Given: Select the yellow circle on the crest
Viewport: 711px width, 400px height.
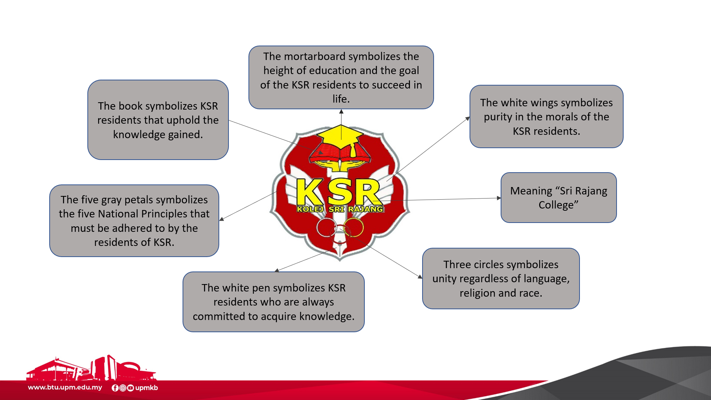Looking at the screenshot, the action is pos(354,227).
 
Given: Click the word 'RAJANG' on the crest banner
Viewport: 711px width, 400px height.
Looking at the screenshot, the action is pos(365,209).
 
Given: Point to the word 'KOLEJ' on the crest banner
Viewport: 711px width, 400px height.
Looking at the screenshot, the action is pos(310,209).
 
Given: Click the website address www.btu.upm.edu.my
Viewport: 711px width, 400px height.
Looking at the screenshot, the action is pos(65,387).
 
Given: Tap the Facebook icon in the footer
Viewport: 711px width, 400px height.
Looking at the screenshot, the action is pos(115,388).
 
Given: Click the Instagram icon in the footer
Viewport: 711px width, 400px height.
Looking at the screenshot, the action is pos(123,388).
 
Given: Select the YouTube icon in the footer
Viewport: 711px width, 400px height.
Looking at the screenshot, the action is pos(130,388).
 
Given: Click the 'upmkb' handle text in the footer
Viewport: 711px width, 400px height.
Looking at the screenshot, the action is pos(147,388).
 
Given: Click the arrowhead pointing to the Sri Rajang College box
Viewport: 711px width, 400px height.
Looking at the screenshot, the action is pos(499,198).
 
